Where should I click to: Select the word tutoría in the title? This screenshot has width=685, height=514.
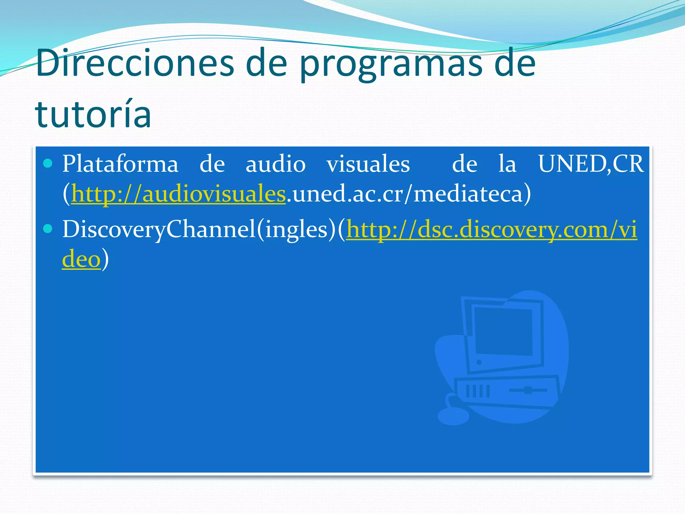point(93,114)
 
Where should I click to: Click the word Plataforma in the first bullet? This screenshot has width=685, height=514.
point(120,164)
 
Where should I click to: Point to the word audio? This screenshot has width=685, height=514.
point(275,164)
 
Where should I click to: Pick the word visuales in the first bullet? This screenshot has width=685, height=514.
point(368,164)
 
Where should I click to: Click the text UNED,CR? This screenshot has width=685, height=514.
point(591,164)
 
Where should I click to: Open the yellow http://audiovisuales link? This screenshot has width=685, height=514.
point(178,194)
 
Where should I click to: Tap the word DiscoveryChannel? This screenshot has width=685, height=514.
point(159,230)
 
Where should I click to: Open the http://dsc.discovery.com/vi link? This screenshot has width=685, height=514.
point(491,230)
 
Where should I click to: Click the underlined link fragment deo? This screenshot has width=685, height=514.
point(81,259)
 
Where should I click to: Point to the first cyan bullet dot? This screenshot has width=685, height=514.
point(48,163)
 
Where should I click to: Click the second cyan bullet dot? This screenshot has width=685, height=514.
point(48,229)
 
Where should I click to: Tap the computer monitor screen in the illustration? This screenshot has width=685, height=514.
point(503,331)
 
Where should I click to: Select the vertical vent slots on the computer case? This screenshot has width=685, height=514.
point(478,391)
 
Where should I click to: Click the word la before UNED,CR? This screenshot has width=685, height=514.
point(507,164)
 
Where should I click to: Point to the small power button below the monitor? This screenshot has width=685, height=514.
point(479,362)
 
